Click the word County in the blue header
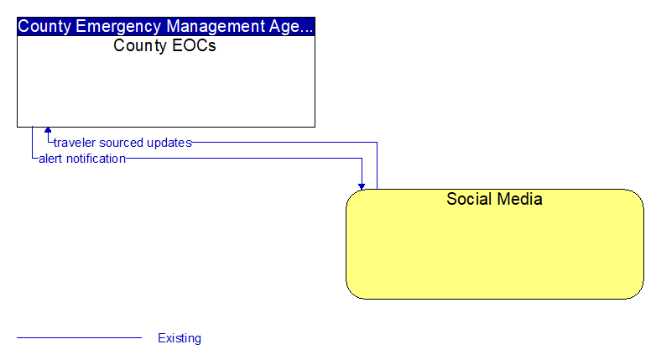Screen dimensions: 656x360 tap(44, 27)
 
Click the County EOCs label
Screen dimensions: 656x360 tap(164, 45)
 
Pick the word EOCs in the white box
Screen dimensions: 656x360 tap(194, 45)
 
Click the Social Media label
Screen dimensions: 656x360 tap(494, 199)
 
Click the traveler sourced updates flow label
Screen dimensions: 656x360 tap(122, 143)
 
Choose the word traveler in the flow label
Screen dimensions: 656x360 tap(75, 143)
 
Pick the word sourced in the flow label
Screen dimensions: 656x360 tap(122, 143)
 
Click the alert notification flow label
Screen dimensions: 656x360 tap(82, 159)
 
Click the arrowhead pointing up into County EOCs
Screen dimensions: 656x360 tap(48, 130)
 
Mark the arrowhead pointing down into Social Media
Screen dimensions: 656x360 tap(362, 186)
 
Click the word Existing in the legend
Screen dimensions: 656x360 tap(180, 338)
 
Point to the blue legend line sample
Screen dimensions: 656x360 tap(79, 337)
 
